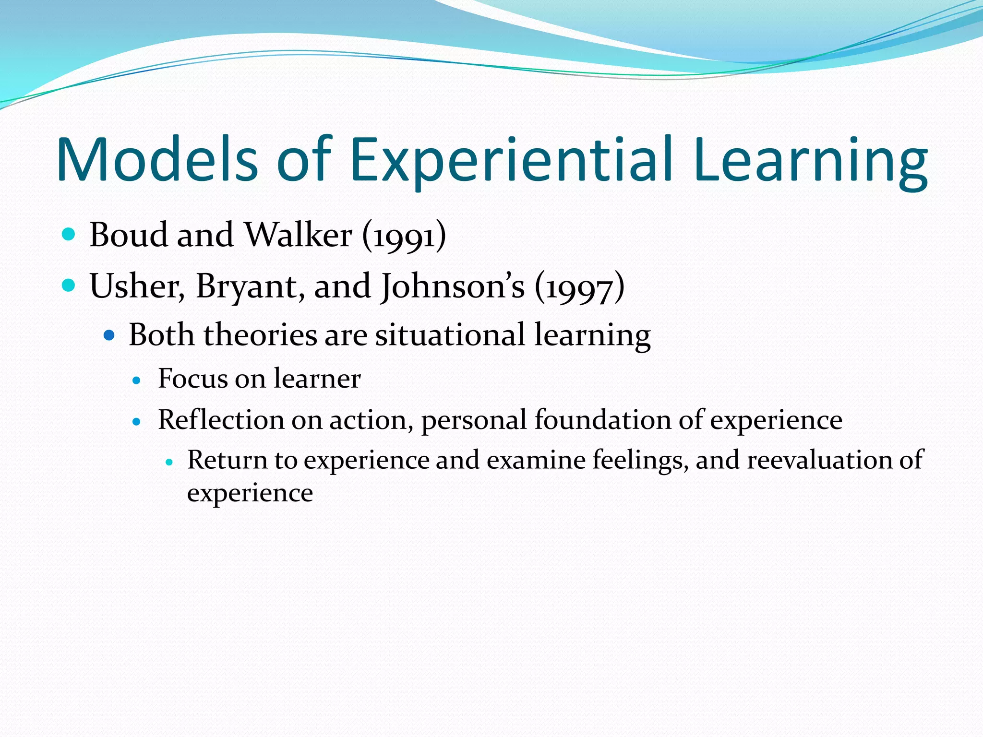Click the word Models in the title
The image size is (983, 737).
[157, 159]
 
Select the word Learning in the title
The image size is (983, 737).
[810, 159]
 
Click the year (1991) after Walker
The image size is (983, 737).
[404, 236]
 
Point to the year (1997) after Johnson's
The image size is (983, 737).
[579, 287]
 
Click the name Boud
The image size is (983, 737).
[128, 235]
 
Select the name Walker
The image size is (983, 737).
[298, 235]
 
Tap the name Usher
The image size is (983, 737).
[137, 286]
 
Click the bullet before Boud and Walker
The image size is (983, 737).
[69, 235]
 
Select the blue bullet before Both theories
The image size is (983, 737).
[109, 335]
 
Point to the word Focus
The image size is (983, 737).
[192, 379]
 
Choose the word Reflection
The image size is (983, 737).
[221, 420]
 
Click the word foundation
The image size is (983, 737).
[602, 420]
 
